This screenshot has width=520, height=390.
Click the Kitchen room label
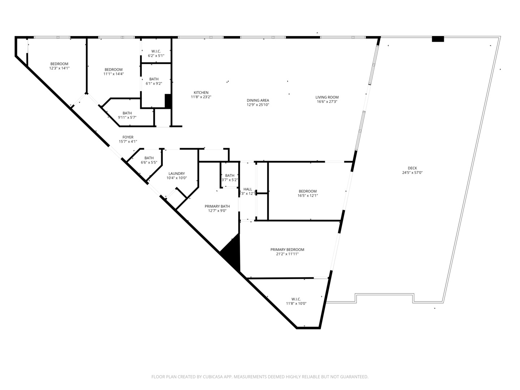pos(201,93)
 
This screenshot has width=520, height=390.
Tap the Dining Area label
pos(258,100)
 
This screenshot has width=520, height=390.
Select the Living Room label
pos(327,97)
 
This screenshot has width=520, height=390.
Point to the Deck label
pos(412,168)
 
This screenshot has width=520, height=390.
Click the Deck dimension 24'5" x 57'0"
pos(412,173)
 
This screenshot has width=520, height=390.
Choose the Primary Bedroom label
pos(287,250)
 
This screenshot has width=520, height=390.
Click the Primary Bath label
pos(217,207)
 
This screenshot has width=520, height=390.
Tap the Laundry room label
pos(176,174)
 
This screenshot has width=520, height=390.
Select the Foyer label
pos(128,137)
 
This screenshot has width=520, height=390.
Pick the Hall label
pos(248,189)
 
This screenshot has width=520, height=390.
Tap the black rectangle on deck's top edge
pos(438,39)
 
